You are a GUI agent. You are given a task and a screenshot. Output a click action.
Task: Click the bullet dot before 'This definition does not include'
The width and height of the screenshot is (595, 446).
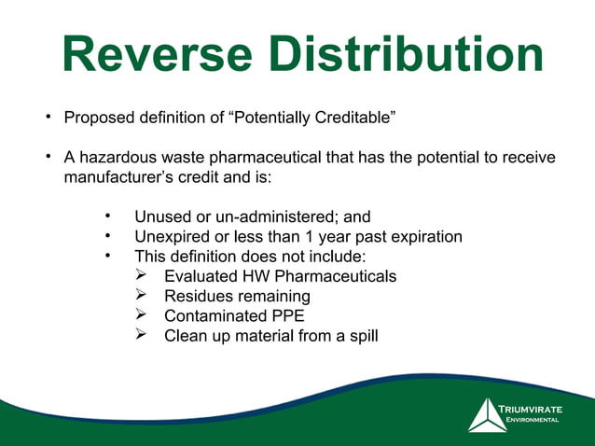pyautogui.click(x=108, y=256)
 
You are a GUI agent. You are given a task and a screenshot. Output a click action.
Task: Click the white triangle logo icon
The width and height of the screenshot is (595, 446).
pyautogui.click(x=486, y=416)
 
